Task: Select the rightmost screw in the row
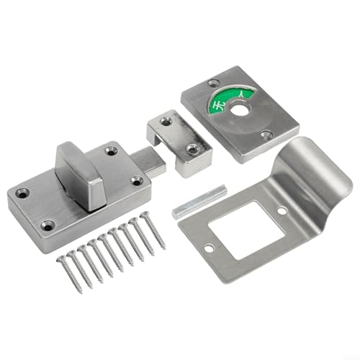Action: [x=152, y=230]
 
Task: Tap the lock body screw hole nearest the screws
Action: [x=48, y=225]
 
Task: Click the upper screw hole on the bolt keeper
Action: [x=166, y=122]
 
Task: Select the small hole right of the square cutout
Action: [x=282, y=210]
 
